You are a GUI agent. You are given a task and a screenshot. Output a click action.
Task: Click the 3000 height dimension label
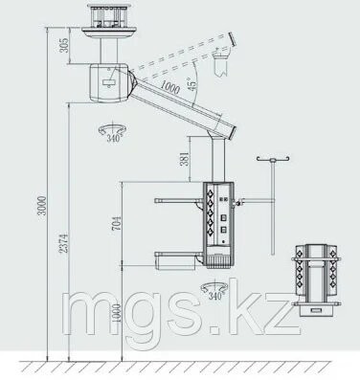(x=42, y=206)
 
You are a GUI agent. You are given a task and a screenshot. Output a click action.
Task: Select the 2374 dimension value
(x=64, y=243)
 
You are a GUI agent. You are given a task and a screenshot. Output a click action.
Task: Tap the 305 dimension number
(x=64, y=45)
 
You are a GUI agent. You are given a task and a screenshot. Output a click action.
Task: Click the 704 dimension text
(x=117, y=223)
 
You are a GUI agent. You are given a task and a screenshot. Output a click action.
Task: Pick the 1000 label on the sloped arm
(x=169, y=86)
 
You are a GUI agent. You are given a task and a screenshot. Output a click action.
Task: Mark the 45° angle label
(x=192, y=84)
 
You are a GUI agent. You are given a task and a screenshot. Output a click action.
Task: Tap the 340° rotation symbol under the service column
(x=214, y=291)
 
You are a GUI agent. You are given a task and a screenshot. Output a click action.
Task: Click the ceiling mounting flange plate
(x=109, y=33)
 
